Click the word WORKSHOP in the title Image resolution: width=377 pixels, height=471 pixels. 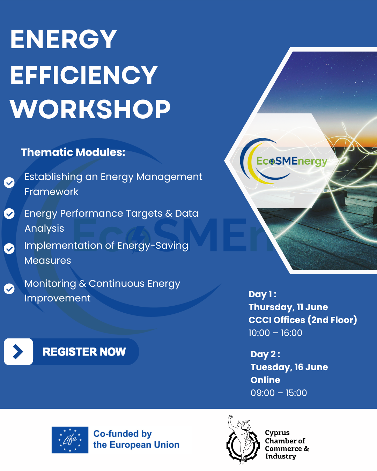(x=90, y=109)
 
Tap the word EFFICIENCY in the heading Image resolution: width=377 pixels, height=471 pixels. (x=84, y=75)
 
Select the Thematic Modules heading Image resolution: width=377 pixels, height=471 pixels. (x=73, y=152)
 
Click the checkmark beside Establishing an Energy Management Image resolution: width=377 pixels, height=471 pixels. (x=9, y=182)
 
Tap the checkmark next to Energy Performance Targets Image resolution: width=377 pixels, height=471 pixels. (x=9, y=214)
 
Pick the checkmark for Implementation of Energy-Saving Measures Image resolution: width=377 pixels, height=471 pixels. (x=9, y=249)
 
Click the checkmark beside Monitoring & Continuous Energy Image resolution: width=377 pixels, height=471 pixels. (x=9, y=289)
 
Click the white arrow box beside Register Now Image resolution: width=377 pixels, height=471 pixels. (x=19, y=352)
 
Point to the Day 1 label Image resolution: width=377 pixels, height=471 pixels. (x=263, y=294)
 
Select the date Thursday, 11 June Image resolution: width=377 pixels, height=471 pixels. (x=288, y=307)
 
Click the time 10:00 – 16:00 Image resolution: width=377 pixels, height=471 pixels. (x=275, y=333)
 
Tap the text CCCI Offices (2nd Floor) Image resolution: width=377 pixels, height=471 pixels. (x=303, y=320)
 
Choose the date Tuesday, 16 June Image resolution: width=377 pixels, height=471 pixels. (x=289, y=367)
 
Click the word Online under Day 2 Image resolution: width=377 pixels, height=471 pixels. (x=265, y=380)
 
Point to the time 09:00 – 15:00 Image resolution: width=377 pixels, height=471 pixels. (x=279, y=393)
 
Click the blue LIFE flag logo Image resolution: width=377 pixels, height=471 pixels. (x=70, y=440)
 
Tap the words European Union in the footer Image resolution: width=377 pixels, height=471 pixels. (x=145, y=445)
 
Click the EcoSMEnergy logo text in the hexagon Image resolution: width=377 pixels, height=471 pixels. (x=292, y=161)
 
